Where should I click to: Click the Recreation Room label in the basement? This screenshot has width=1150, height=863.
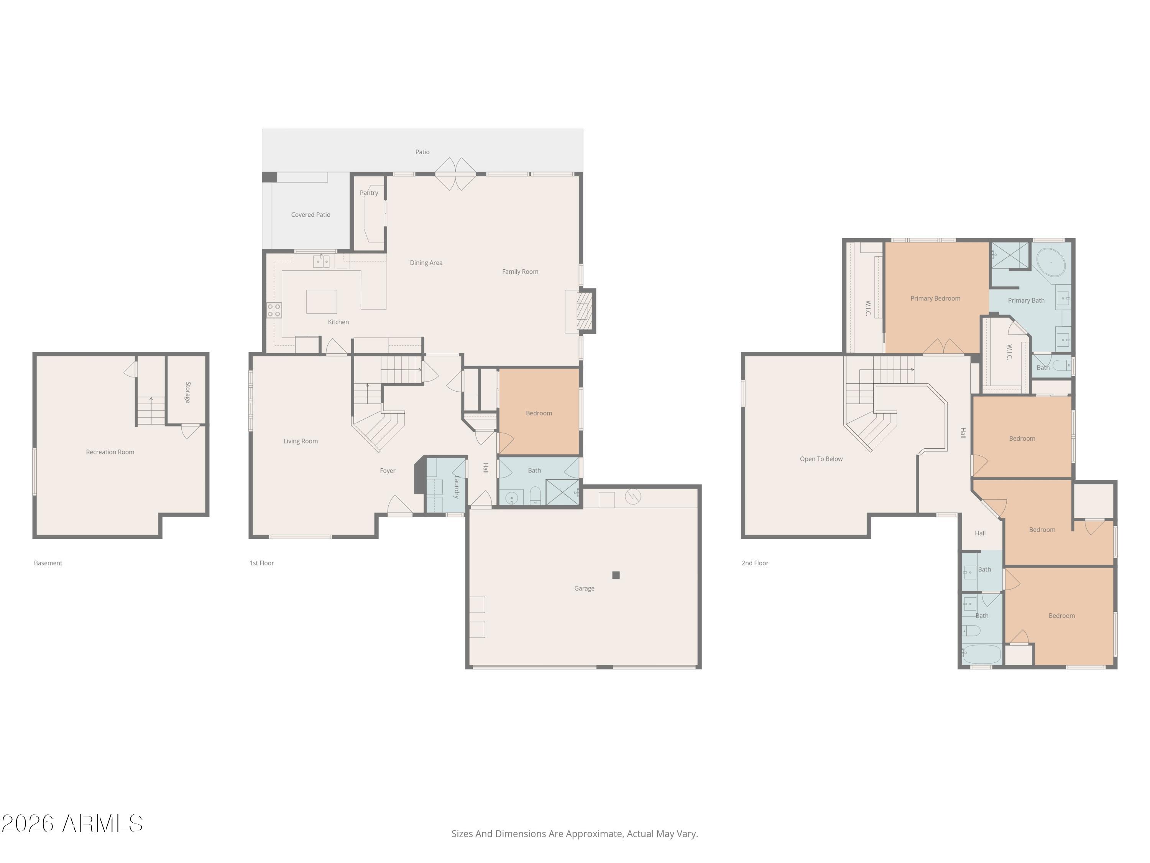[110, 452]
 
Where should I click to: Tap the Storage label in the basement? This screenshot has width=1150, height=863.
[188, 392]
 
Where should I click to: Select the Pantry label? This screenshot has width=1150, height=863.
[369, 193]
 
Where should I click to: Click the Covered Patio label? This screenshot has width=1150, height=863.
[311, 215]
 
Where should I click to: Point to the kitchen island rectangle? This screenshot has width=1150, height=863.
[322, 302]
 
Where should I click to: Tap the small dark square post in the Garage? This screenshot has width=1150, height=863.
[616, 575]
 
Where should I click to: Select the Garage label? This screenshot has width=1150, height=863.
[584, 588]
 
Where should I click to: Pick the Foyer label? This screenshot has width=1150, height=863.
[388, 471]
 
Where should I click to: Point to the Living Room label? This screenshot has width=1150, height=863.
[301, 441]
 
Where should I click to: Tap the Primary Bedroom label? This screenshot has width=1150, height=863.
[935, 298]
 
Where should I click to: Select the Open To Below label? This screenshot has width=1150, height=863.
[821, 459]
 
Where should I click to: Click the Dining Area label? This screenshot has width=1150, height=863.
[426, 263]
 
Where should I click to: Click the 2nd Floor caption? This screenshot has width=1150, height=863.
[755, 563]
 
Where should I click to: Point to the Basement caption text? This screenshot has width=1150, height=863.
[48, 563]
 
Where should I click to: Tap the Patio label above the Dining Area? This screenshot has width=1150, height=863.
[422, 152]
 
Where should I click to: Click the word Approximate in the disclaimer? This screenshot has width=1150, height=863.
[594, 834]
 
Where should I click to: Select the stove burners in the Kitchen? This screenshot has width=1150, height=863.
[274, 311]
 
